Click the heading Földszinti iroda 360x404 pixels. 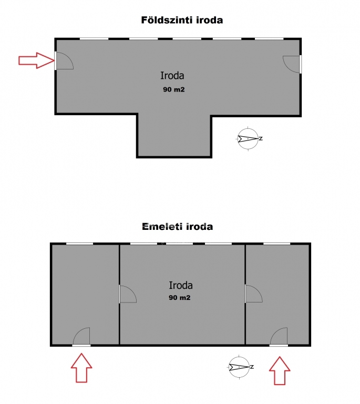182,20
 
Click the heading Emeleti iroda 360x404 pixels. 178,227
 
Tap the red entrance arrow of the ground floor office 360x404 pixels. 37,60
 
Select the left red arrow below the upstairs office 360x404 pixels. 81,368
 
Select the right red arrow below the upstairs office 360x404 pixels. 280,370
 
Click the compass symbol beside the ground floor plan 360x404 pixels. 249,139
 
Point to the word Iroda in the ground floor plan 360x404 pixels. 172,76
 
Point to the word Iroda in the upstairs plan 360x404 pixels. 181,285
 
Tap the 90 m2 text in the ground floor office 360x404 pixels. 174,89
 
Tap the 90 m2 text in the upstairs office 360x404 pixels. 180,298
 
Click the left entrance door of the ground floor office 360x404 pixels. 64,61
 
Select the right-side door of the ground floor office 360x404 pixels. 292,64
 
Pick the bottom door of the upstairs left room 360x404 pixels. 81,337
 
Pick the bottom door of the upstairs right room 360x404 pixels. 279,337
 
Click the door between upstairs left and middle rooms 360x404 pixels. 128,294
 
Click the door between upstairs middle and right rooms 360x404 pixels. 253,294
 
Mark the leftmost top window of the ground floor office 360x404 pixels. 94,39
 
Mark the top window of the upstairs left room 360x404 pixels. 79,244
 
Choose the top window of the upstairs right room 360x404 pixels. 277,244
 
